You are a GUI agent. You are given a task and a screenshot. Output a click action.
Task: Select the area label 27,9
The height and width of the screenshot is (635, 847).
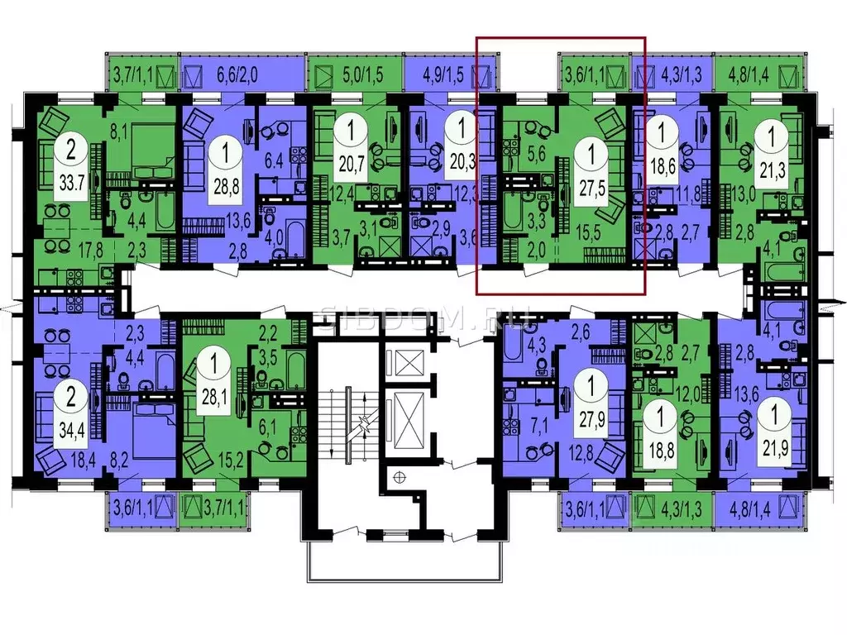(x=591, y=414)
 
